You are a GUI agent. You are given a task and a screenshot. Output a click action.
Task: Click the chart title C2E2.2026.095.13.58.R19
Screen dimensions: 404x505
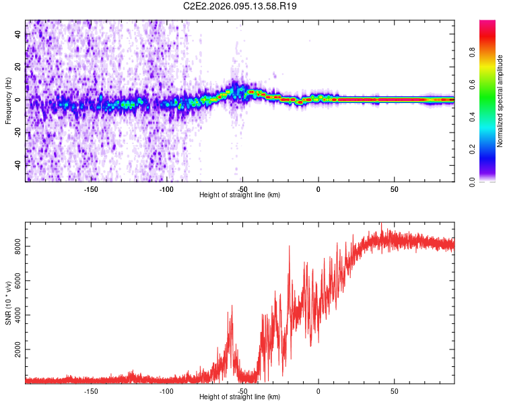tap(240, 6)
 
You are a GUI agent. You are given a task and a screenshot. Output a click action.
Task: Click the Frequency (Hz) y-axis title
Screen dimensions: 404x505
tap(8, 101)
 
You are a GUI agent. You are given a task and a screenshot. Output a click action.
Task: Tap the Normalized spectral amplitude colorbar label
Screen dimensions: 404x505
tap(500, 101)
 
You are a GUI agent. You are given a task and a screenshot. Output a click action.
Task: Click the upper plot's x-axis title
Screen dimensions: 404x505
tap(240, 195)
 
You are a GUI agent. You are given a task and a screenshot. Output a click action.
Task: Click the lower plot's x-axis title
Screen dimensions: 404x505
tap(240, 397)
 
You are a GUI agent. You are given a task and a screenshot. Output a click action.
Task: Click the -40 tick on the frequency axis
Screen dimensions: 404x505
tap(16, 165)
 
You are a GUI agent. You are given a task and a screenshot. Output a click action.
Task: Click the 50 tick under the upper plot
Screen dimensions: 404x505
tap(395, 189)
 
